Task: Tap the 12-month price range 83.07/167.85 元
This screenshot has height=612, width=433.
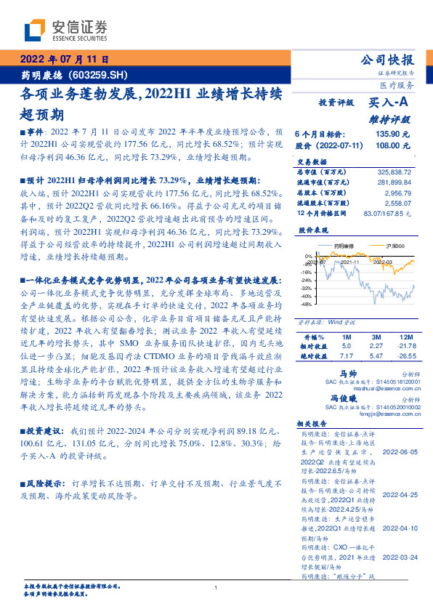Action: pos(384,213)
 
